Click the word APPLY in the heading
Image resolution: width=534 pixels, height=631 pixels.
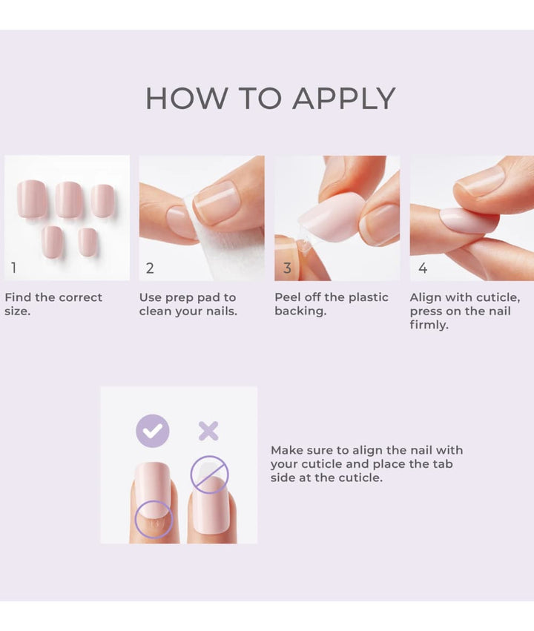click(344, 98)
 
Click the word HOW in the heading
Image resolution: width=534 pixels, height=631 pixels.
click(186, 98)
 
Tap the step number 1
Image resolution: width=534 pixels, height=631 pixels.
click(13, 268)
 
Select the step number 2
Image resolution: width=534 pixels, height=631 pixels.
click(150, 268)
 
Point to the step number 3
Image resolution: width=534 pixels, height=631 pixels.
click(287, 268)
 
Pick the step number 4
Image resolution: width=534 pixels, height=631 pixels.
click(423, 268)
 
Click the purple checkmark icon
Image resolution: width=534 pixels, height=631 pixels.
click(153, 431)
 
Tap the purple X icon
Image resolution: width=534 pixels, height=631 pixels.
click(208, 431)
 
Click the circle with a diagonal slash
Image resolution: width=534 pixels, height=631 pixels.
click(209, 475)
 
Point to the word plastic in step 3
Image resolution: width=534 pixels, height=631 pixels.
click(369, 297)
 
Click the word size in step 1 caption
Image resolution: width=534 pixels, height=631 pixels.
click(17, 311)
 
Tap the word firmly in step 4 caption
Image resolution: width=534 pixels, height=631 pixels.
click(429, 325)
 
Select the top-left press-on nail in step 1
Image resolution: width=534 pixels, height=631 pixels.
click(32, 199)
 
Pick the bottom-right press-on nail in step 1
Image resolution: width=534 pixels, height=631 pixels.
click(88, 242)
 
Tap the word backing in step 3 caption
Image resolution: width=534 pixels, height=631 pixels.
click(300, 311)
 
